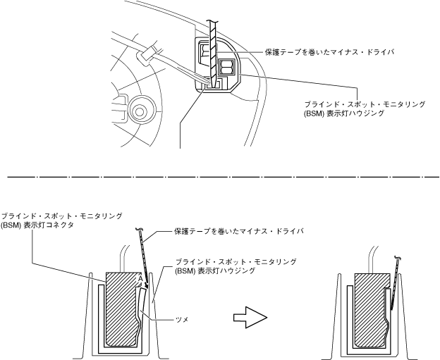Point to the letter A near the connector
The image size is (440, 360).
[141, 279]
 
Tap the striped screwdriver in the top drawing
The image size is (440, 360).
[211, 49]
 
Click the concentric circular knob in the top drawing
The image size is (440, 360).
[139, 109]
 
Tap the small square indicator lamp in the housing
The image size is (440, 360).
[228, 68]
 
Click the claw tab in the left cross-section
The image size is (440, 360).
[144, 306]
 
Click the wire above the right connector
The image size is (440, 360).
[373, 257]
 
